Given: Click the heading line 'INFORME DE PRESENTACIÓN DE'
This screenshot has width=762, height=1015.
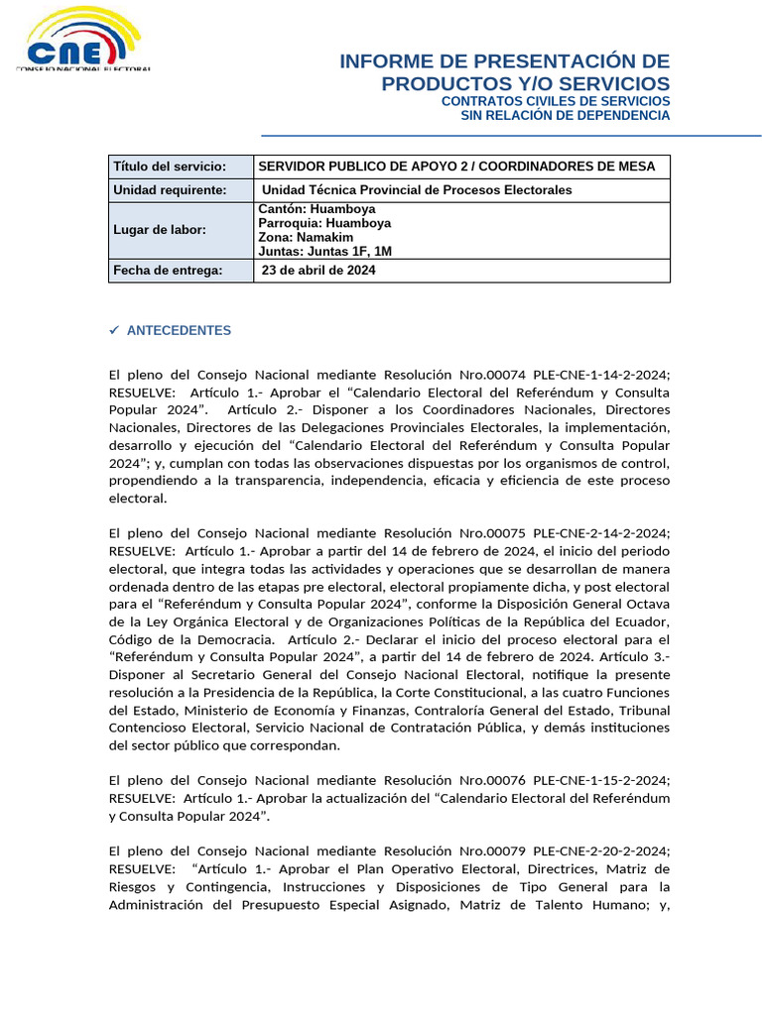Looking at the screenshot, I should pyautogui.click(x=504, y=61).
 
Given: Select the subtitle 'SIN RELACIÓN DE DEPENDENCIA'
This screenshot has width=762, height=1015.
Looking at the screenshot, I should pyautogui.click(x=566, y=116).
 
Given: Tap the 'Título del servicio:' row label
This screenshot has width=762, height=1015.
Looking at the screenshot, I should pyautogui.click(x=170, y=167).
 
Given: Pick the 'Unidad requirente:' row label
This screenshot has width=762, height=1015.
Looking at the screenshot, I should pyautogui.click(x=170, y=190).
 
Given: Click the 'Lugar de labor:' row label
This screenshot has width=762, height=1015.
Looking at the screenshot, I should pyautogui.click(x=160, y=230).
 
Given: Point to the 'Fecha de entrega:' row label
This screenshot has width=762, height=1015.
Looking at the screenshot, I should pyautogui.click(x=168, y=271).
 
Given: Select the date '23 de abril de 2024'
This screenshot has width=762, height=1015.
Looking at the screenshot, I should pyautogui.click(x=318, y=271).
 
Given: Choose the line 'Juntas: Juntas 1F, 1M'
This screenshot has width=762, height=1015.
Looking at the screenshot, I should pyautogui.click(x=324, y=252).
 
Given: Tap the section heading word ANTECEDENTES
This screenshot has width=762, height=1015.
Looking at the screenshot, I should pyautogui.click(x=179, y=331).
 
